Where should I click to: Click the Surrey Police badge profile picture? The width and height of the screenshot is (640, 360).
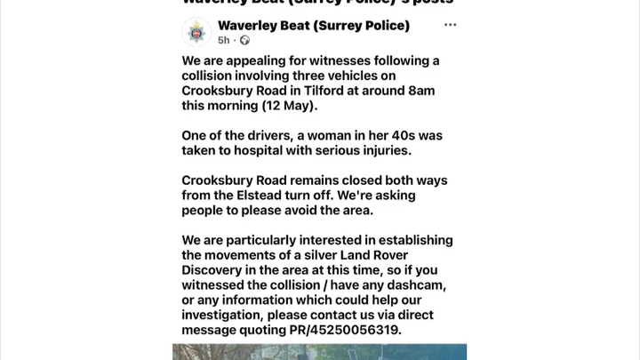click(x=196, y=32)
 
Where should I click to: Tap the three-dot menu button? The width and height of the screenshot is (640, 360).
click(x=451, y=25)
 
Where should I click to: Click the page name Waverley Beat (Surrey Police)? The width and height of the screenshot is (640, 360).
click(x=313, y=25)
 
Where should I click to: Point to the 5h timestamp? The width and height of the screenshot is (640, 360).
click(x=223, y=40)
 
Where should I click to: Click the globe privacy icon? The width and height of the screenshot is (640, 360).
click(x=244, y=40)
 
